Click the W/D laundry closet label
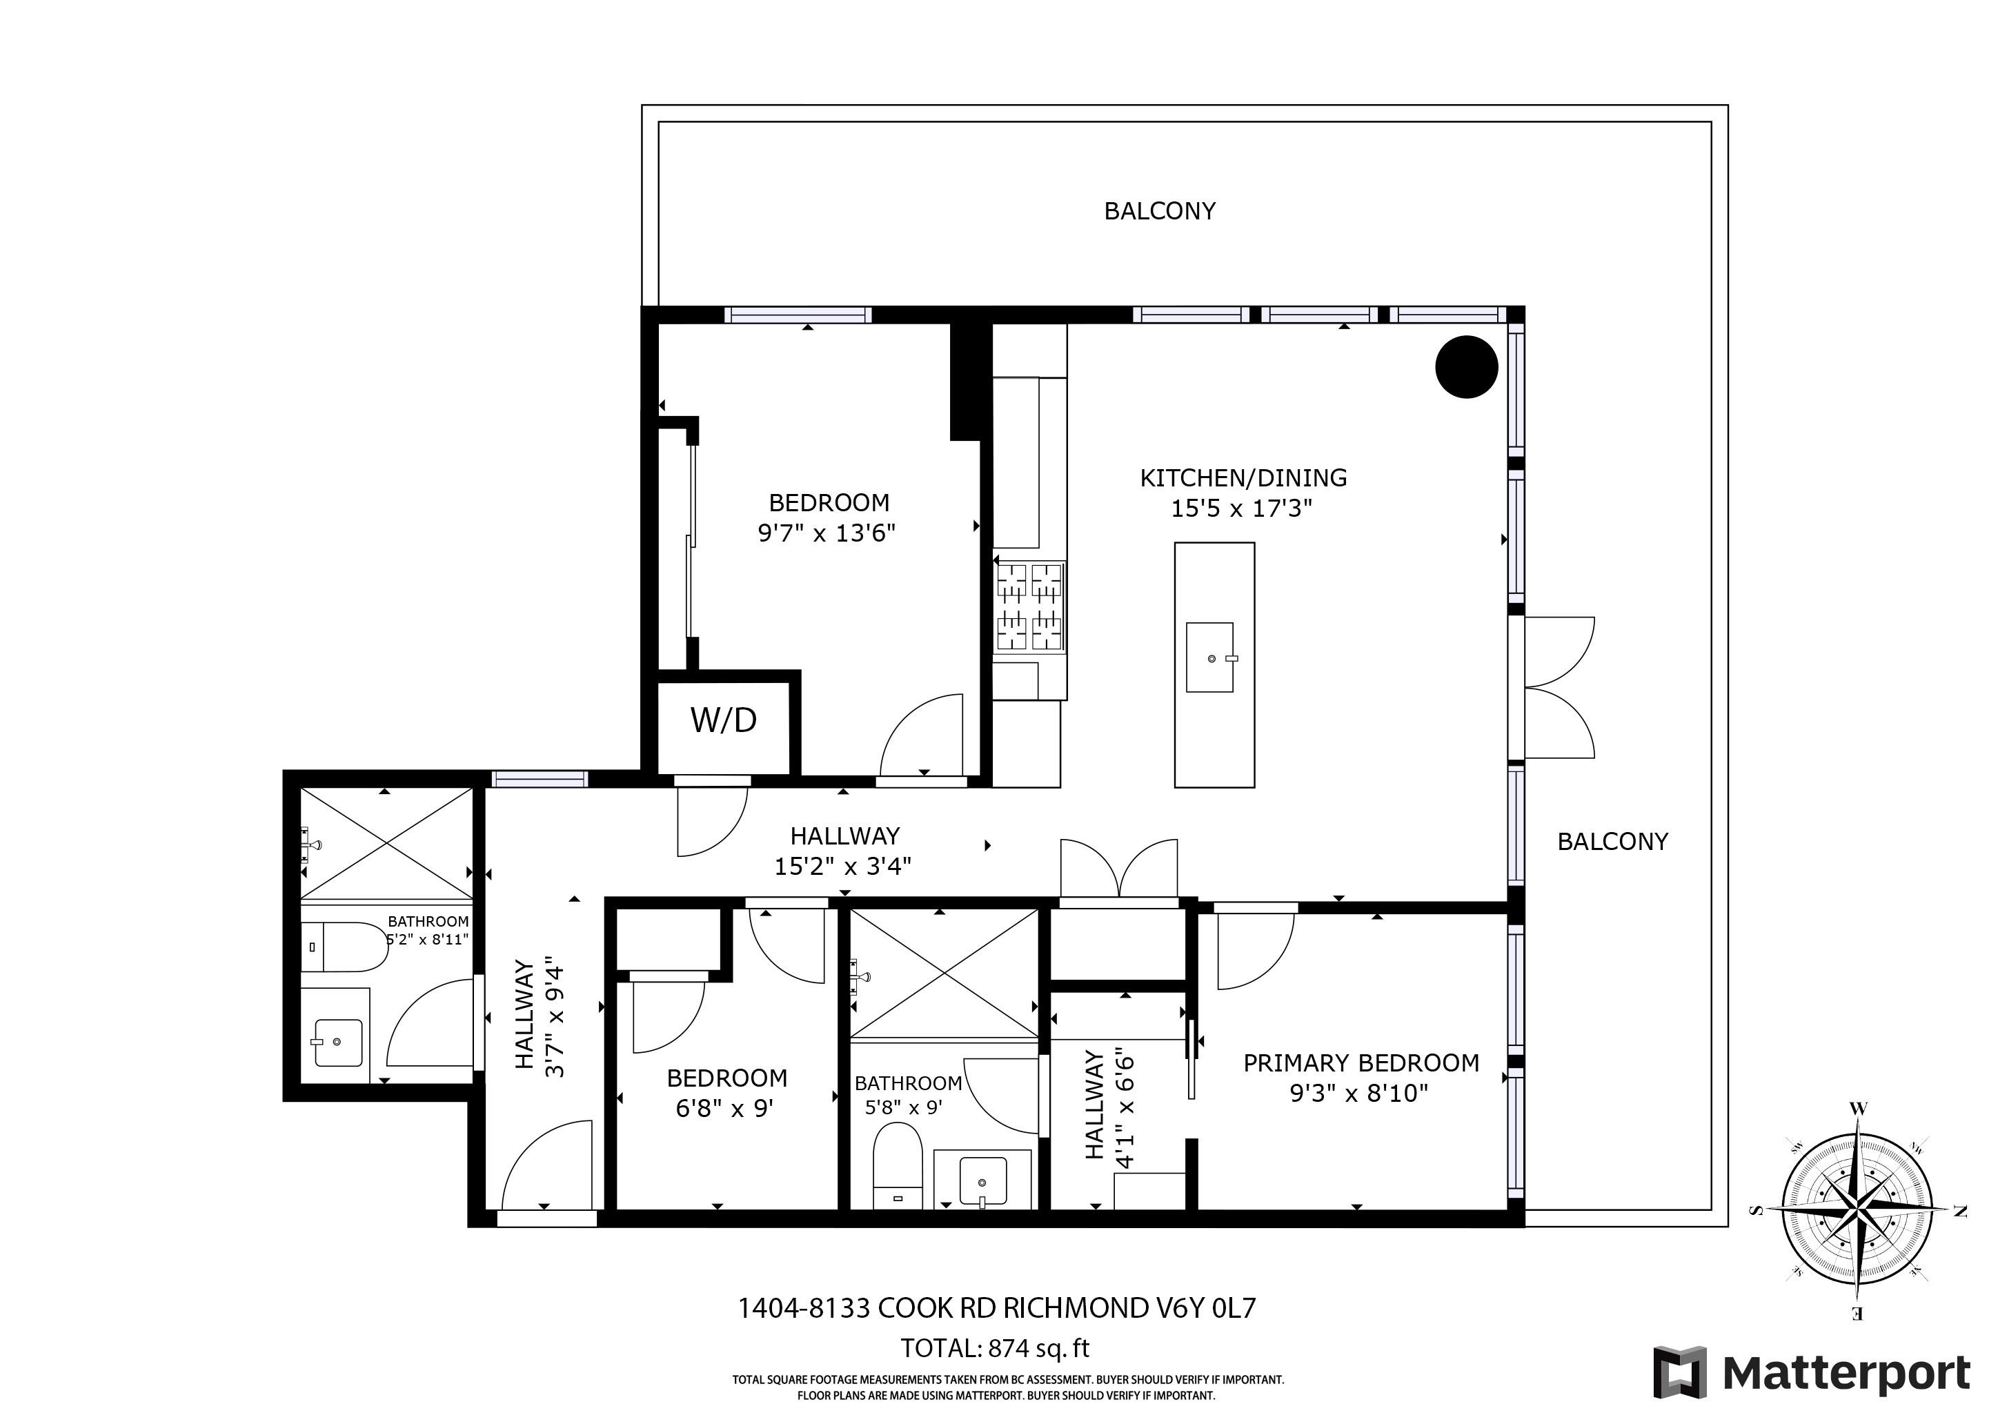(x=723, y=720)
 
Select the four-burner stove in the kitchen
(x=1029, y=606)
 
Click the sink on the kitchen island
(x=1211, y=657)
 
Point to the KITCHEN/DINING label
(x=1243, y=477)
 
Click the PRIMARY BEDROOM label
(x=1361, y=1063)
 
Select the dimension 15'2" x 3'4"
(x=843, y=866)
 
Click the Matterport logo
(x=1812, y=1374)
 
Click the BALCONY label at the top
(x=1159, y=210)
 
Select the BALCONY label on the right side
(x=1612, y=841)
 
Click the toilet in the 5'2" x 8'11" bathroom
(x=344, y=947)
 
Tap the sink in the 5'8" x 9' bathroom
(x=982, y=1180)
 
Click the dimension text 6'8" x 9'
(x=725, y=1109)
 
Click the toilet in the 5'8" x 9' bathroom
(x=897, y=1166)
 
